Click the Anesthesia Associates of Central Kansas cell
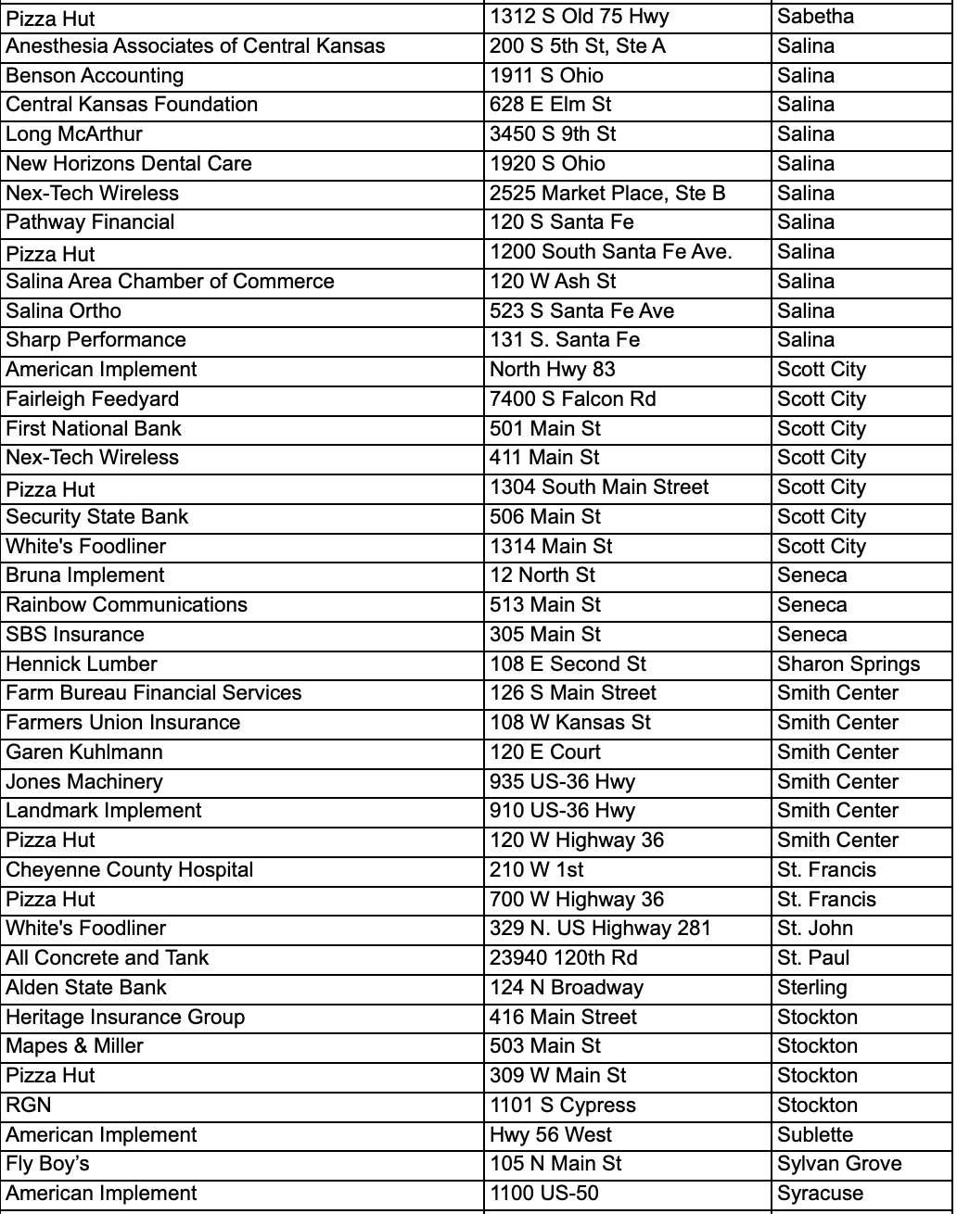(196, 46)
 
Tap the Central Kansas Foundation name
(132, 105)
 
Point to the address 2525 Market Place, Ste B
(607, 194)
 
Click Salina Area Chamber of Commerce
(170, 282)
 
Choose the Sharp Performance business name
(96, 340)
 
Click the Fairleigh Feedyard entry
(93, 399)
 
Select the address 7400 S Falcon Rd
(572, 399)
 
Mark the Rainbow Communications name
(126, 605)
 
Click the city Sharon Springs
(849, 664)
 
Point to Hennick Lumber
(82, 664)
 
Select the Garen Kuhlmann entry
(84, 752)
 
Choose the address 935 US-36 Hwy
(562, 782)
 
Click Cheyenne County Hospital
(129, 870)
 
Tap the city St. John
(814, 929)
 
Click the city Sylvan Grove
(839, 1164)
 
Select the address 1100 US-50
(543, 1194)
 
